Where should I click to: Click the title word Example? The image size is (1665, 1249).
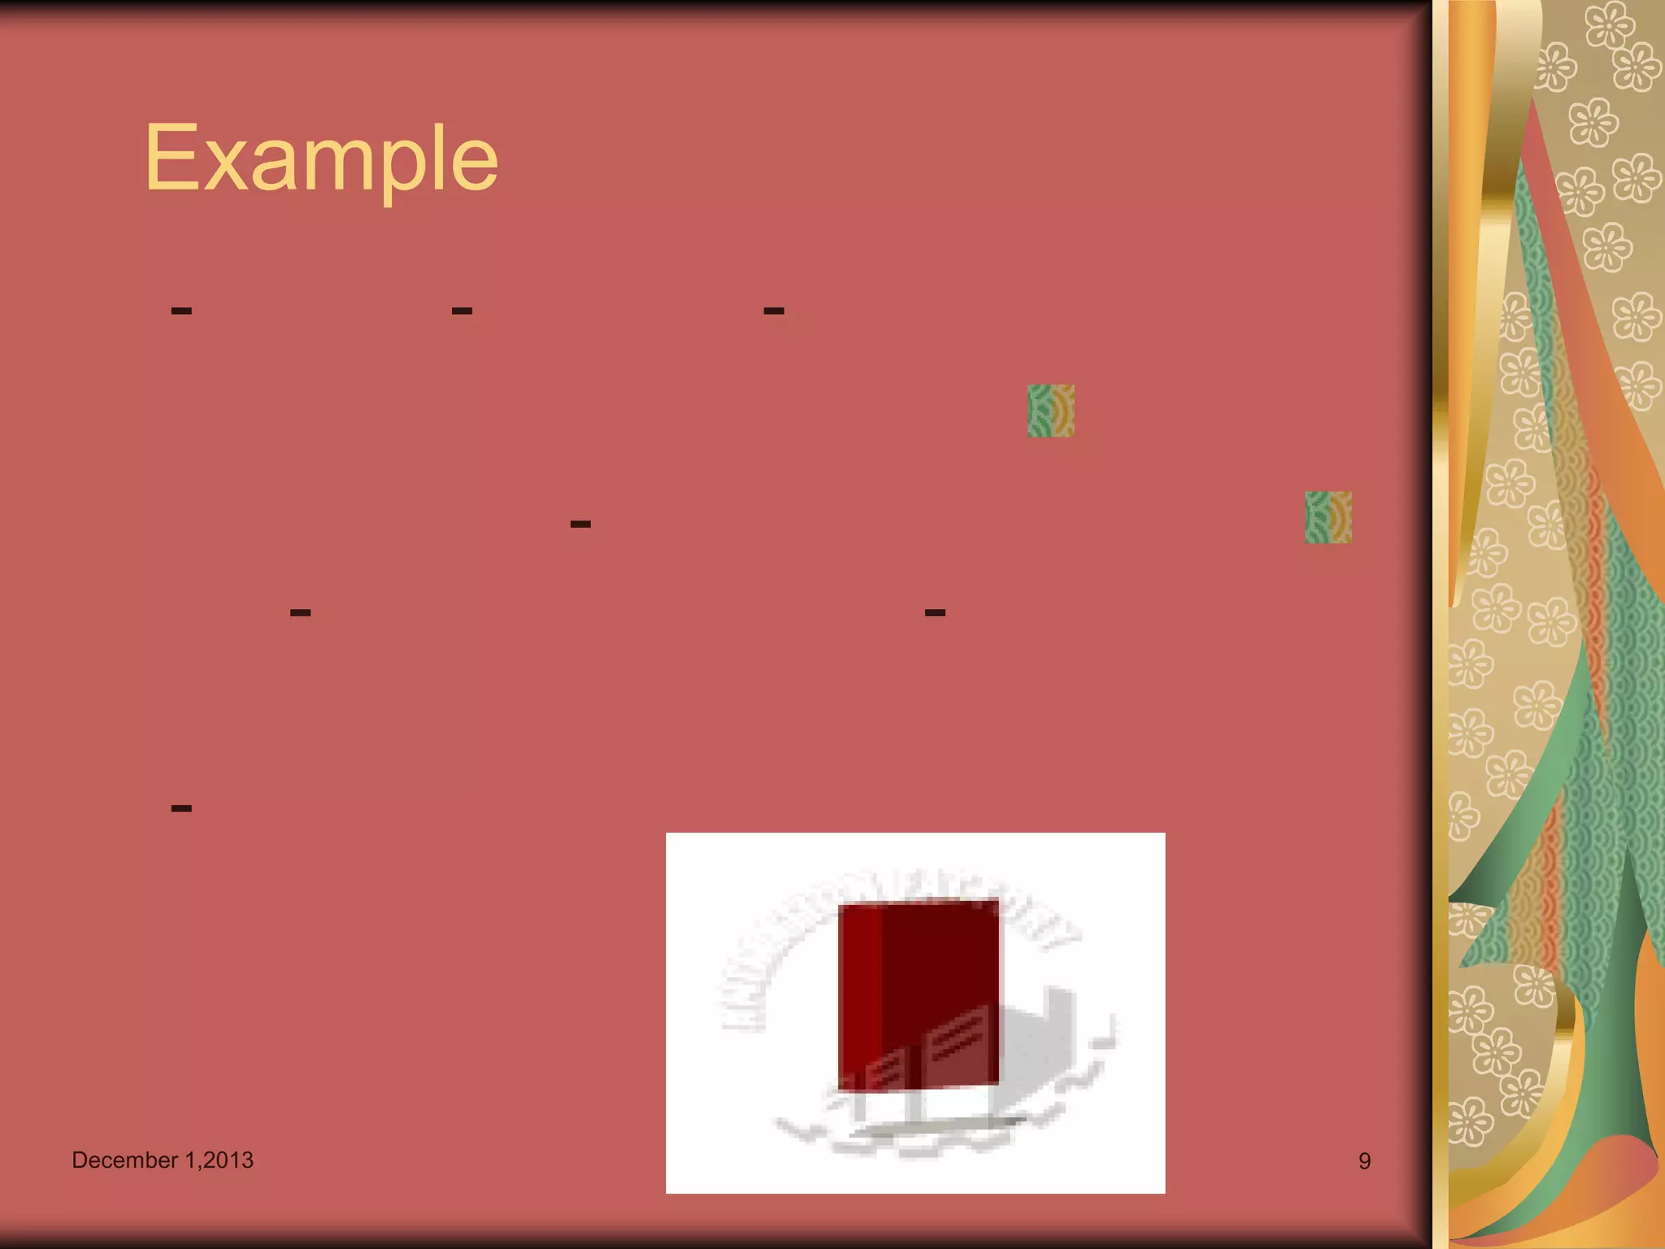321,159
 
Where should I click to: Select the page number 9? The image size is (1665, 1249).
1364,1161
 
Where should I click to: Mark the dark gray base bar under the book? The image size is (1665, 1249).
935,1126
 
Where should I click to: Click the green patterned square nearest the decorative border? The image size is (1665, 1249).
1328,517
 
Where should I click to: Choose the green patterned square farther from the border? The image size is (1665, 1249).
1050,411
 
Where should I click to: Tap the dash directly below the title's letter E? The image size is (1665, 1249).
181,311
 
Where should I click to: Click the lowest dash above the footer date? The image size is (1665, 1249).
181,808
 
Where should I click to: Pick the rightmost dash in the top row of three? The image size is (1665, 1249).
774,311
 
